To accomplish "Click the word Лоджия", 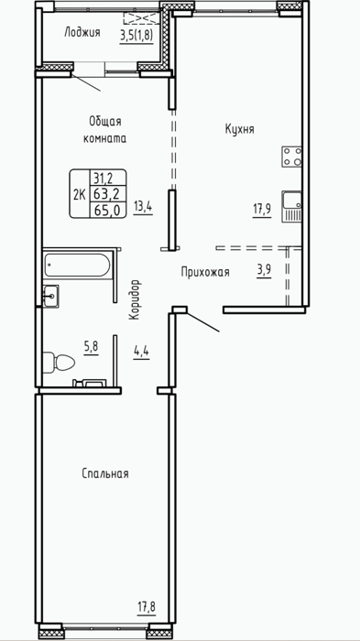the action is pyautogui.click(x=82, y=33).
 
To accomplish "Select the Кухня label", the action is pyautogui.click(x=240, y=130).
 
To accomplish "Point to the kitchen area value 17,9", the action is pyautogui.click(x=262, y=210).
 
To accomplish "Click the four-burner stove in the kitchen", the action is pyautogui.click(x=292, y=157).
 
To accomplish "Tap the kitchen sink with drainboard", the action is pyautogui.click(x=292, y=207).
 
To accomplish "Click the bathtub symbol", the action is pyautogui.click(x=77, y=266).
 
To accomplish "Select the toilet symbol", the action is pyautogui.click(x=59, y=362).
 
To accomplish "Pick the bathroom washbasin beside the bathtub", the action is pyautogui.click(x=51, y=296).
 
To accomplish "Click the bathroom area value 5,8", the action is pyautogui.click(x=92, y=348).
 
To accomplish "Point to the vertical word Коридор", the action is pyautogui.click(x=136, y=299).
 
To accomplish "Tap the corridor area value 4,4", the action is pyautogui.click(x=142, y=351).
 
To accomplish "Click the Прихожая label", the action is pyautogui.click(x=205, y=272).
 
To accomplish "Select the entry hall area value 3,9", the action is pyautogui.click(x=265, y=271).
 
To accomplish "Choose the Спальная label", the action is pyautogui.click(x=105, y=473).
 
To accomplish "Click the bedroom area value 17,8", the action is pyautogui.click(x=147, y=606).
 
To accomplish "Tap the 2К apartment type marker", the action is pyautogui.click(x=80, y=194).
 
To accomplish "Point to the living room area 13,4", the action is pyautogui.click(x=143, y=208).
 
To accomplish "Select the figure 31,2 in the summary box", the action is pyautogui.click(x=104, y=178).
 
